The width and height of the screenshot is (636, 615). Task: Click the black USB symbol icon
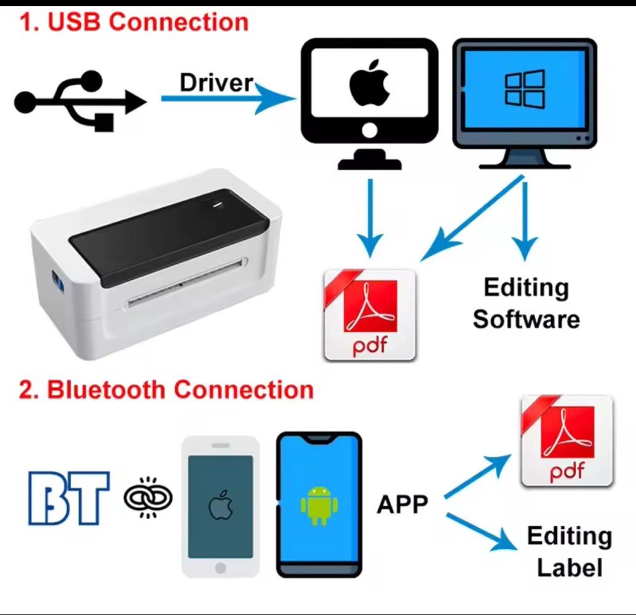[80, 101]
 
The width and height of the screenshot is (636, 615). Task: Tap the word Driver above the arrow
[216, 83]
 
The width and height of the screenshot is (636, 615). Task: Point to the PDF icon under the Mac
[370, 315]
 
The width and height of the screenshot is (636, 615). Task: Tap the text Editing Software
[526, 303]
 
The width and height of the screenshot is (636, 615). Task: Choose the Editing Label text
[569, 552]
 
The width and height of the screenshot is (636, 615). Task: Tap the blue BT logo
[69, 498]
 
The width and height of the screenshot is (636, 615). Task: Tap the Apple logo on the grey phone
[220, 506]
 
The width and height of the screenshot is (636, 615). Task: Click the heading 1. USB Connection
[134, 22]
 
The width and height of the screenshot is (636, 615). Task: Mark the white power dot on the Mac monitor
[369, 131]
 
